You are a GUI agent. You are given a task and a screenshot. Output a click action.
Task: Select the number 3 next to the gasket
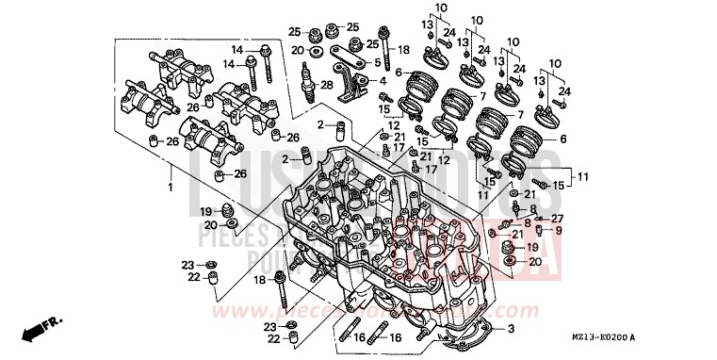pyautogui.click(x=512, y=329)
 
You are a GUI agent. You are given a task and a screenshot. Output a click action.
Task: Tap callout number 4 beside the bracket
pyautogui.click(x=383, y=81)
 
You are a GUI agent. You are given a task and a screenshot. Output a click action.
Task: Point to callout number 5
pyautogui.click(x=377, y=63)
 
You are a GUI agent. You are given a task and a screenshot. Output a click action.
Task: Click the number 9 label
pyautogui.click(x=558, y=230)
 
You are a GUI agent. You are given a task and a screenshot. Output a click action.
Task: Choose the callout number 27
pyautogui.click(x=558, y=218)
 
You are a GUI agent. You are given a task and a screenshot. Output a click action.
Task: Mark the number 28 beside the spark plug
pyautogui.click(x=327, y=86)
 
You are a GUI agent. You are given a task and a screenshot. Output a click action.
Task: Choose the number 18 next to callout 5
pyautogui.click(x=403, y=49)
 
